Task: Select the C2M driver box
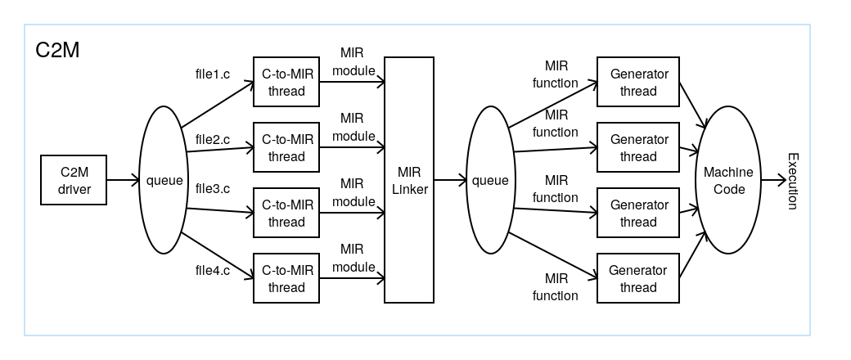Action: [x=74, y=181]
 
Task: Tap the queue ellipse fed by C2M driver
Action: [x=164, y=181]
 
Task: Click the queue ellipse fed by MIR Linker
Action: [x=491, y=181]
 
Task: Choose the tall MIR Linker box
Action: [x=409, y=181]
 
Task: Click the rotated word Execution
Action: [x=792, y=181]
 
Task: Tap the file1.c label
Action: [x=213, y=74]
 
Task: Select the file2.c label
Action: [x=213, y=139]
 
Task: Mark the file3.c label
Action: [x=213, y=188]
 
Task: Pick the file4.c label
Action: [x=213, y=270]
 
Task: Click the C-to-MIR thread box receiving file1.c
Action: [x=286, y=83]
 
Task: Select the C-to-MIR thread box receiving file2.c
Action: [x=286, y=148]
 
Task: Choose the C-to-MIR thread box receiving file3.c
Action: [x=286, y=214]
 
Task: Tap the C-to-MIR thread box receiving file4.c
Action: [x=286, y=279]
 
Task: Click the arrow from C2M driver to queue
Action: [x=123, y=181]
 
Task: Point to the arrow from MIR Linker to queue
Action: [x=450, y=181]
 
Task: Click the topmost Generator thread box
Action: [x=638, y=83]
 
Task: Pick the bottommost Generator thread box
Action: [x=638, y=279]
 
